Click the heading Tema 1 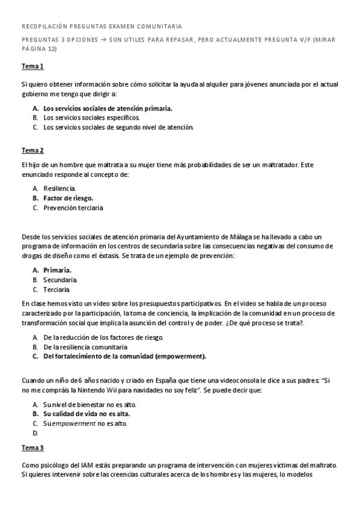pyautogui.click(x=32, y=67)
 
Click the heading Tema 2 pyautogui.click(x=32, y=150)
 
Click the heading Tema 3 pyautogui.click(x=32, y=448)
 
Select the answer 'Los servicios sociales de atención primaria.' pyautogui.click(x=108, y=108)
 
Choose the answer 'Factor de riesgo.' pyautogui.click(x=69, y=198)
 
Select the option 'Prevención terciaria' pyautogui.click(x=73, y=208)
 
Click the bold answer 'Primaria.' pyautogui.click(x=58, y=270)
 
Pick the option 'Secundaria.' pyautogui.click(x=60, y=280)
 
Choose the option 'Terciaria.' pyautogui.click(x=57, y=289)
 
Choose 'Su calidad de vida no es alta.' pyautogui.click(x=87, y=414)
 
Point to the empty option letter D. pyautogui.click(x=35, y=433)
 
